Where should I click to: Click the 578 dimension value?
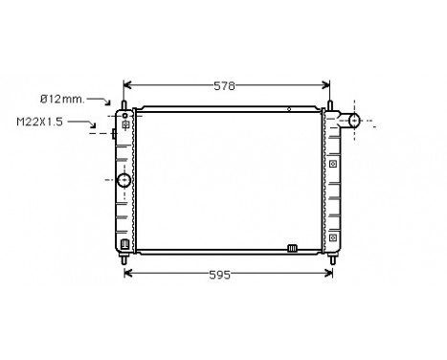point(225,85)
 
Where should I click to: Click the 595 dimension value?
point(221,275)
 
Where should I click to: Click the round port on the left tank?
point(123,180)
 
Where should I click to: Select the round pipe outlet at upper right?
point(353,121)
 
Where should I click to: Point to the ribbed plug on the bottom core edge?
point(292,250)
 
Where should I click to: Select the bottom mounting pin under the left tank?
point(125,256)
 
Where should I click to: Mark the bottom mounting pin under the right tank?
point(333,257)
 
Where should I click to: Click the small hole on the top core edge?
point(288,110)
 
